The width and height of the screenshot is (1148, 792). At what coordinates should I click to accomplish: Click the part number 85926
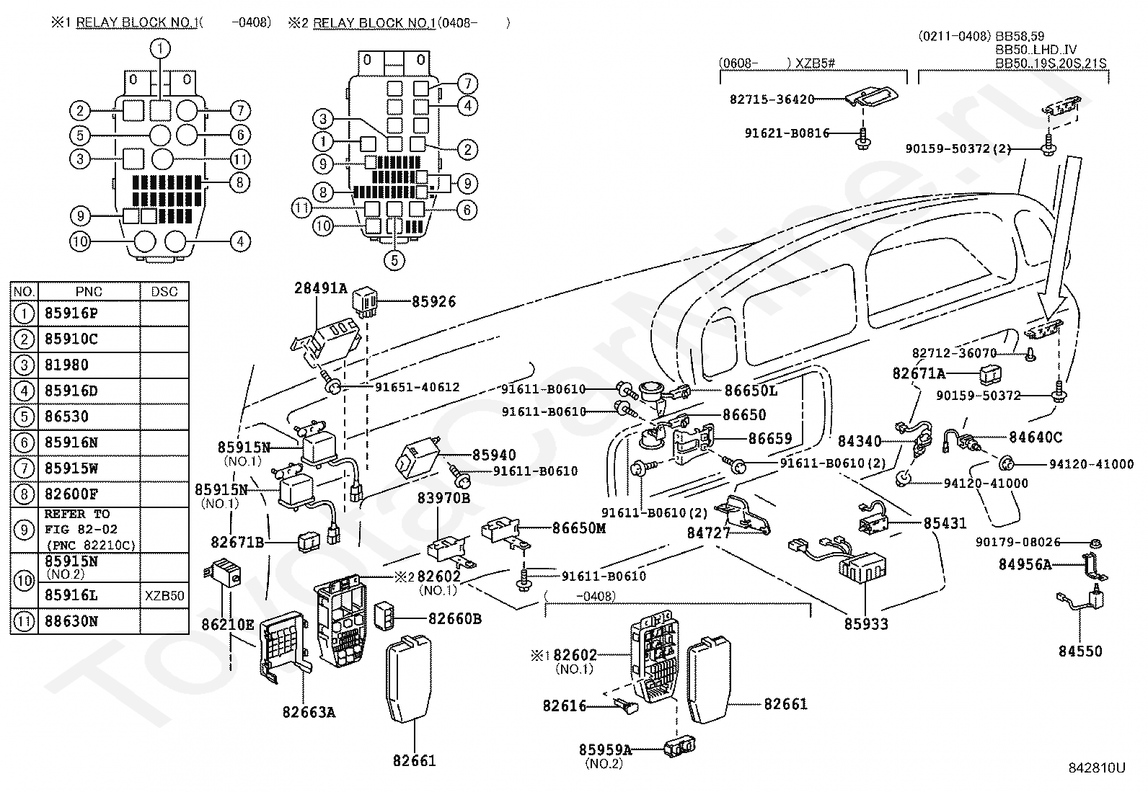(x=433, y=302)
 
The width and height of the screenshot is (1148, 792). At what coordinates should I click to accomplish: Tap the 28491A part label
(x=320, y=289)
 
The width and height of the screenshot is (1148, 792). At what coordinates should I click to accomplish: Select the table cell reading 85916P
(x=71, y=313)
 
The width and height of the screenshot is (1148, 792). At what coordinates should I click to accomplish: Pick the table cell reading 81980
(x=66, y=365)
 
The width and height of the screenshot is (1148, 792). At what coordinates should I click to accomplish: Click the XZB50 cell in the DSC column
(x=164, y=596)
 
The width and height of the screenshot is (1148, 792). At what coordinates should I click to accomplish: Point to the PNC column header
(x=89, y=292)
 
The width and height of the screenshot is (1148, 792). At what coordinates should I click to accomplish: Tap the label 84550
(x=1080, y=651)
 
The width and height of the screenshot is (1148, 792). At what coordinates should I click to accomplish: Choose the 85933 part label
(x=866, y=624)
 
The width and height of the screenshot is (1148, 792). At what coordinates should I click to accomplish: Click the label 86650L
(x=751, y=391)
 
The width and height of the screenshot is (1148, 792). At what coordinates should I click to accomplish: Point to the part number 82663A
(x=309, y=712)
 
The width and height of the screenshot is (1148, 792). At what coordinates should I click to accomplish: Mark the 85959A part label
(x=605, y=749)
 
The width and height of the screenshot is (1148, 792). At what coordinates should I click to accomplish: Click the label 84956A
(x=1025, y=564)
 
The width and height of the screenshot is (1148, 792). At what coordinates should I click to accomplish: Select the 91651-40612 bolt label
(x=417, y=387)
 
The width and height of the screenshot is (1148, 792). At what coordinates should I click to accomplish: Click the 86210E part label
(x=227, y=624)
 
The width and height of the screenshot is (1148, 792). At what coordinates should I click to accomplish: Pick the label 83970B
(x=444, y=497)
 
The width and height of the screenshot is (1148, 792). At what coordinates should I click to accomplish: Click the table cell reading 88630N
(x=71, y=620)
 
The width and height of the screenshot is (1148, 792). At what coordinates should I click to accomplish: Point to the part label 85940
(x=494, y=455)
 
